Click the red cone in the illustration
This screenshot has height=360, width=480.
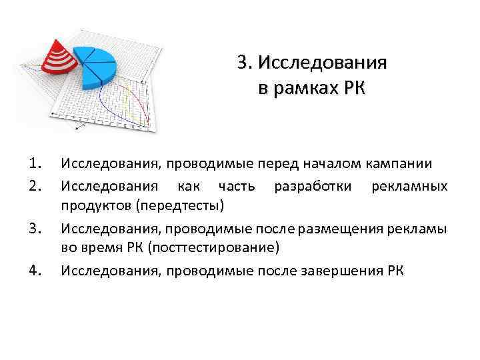(59, 56)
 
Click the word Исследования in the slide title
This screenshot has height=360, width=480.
(323, 64)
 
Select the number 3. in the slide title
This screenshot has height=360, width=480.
(243, 64)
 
